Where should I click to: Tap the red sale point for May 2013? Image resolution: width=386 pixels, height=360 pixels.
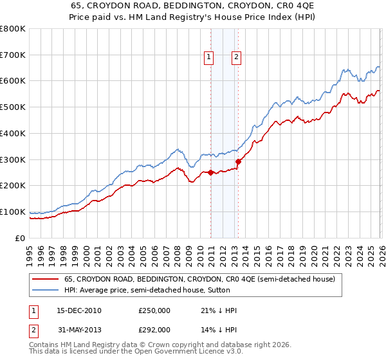tap(238, 161)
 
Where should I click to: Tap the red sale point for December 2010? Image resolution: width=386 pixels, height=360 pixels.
tap(210, 172)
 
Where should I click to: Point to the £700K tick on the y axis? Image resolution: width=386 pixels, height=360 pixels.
tap(14, 55)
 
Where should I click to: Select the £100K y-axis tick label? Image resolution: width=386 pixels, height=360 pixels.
tap(14, 212)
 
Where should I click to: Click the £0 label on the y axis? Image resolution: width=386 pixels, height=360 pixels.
tap(21, 238)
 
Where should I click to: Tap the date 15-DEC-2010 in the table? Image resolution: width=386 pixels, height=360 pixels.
tap(78, 310)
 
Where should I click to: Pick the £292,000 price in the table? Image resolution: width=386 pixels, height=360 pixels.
tap(154, 329)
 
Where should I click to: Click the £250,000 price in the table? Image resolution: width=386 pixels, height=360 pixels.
tap(154, 310)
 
